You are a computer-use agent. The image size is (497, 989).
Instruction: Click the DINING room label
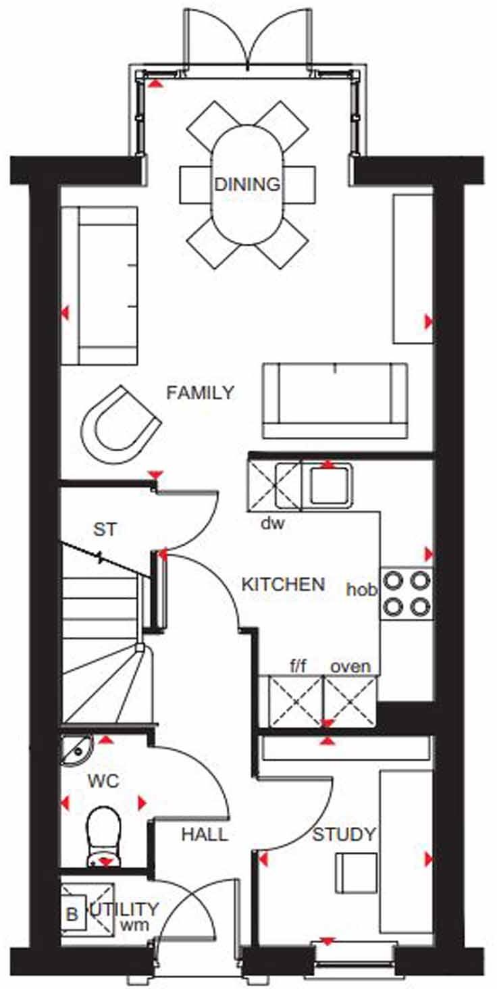246,184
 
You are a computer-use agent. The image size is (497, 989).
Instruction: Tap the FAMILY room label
201,392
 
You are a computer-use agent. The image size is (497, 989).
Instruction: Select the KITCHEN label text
284,584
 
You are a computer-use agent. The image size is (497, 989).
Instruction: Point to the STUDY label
344,834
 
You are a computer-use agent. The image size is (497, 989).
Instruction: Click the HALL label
204,835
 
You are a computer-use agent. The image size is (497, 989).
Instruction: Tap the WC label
103,782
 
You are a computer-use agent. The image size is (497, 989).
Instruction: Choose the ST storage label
105,530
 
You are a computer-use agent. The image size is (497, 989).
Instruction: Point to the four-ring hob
407,592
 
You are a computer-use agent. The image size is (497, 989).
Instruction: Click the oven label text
350,667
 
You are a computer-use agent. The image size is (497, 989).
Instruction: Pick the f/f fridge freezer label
298,667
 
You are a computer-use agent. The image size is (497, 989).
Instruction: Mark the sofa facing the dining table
336,400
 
